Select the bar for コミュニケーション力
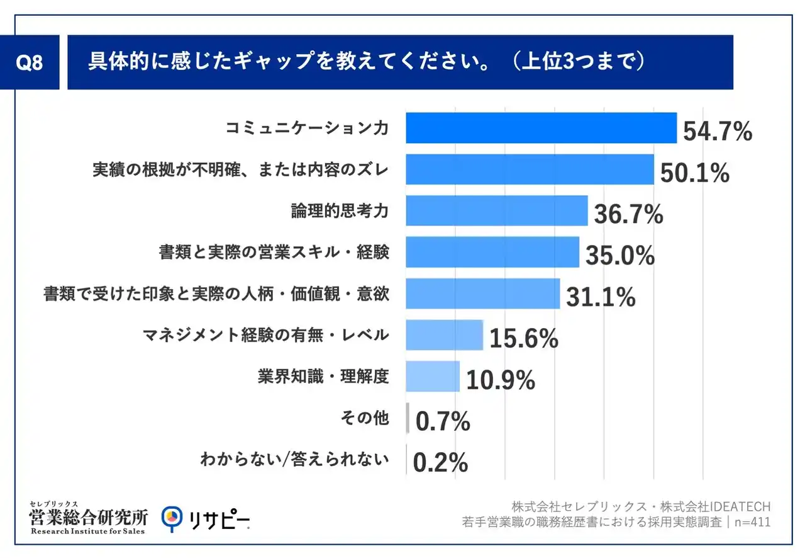pos(541,128)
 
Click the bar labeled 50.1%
pos(530,169)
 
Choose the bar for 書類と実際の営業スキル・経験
pos(492,252)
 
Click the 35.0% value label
pos(620,256)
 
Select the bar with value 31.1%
pos(482,293)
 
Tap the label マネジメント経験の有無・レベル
pos(266,334)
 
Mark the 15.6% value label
pos(523,339)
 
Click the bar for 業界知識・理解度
pos(433,376)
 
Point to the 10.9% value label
pos(501,380)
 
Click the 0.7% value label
pos(443,422)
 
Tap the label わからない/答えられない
pos(294,459)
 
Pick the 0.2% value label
pos(441,463)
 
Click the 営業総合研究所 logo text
pos(89,518)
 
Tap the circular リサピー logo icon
pos(172,518)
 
